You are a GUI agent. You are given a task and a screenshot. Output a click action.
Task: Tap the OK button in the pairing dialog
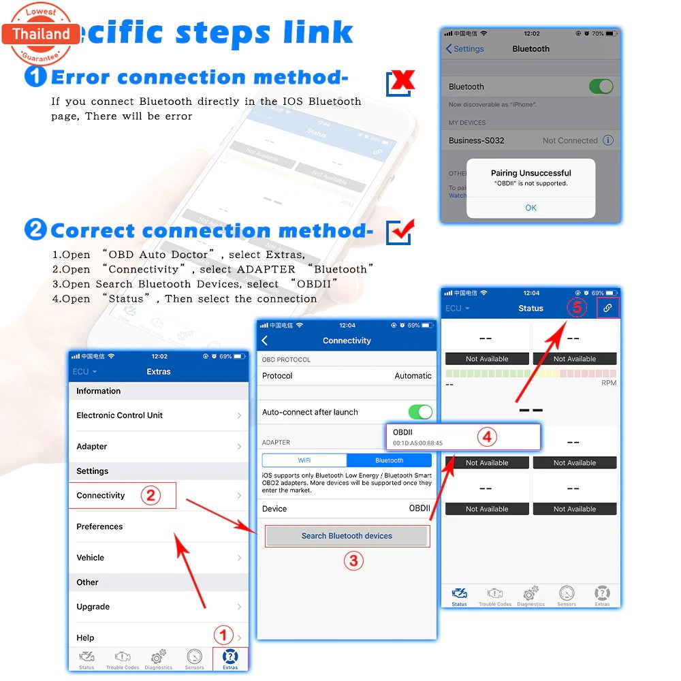pos(530,208)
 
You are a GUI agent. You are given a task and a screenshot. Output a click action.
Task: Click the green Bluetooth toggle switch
pos(601,86)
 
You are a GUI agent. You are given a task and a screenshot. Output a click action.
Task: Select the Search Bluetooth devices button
pos(347,536)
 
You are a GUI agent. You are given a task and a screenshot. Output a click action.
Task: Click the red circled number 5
pos(577,308)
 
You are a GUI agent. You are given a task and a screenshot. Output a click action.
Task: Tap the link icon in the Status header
pos(607,308)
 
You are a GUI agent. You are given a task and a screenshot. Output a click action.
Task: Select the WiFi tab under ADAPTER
pos(304,460)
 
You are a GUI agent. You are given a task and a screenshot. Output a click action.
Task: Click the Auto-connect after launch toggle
pos(419,412)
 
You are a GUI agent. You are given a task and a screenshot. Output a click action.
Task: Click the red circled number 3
pos(353,560)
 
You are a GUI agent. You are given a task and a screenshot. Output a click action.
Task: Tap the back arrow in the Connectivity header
pos(265,340)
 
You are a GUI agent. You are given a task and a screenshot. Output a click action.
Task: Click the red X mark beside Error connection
pos(402,82)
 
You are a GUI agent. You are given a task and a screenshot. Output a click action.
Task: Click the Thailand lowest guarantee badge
pos(41,33)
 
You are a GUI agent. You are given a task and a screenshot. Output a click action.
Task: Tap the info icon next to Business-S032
pos(608,140)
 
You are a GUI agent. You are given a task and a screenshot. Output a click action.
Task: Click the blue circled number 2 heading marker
pos(35,229)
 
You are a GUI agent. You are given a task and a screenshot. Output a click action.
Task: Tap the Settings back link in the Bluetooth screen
pos(464,49)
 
